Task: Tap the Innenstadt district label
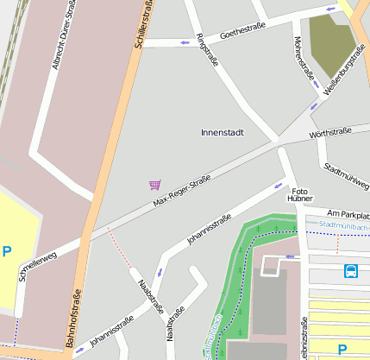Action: pyautogui.click(x=222, y=132)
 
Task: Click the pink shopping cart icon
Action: pyautogui.click(x=154, y=184)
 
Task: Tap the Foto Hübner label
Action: pyautogui.click(x=299, y=194)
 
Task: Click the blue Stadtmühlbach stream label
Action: pyautogui.click(x=342, y=225)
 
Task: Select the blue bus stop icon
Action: pyautogui.click(x=352, y=271)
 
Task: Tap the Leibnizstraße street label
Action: pyautogui.click(x=304, y=338)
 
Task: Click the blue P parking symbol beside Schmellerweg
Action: pyautogui.click(x=7, y=252)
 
